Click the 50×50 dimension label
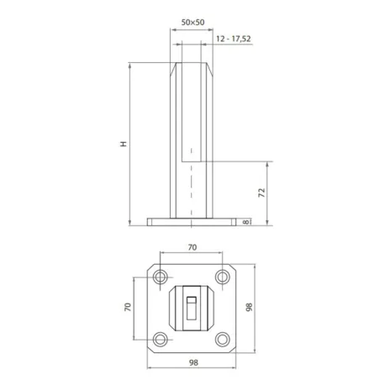[x=192, y=23]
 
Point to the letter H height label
[x=124, y=144]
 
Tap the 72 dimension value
[x=261, y=193]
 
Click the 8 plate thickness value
[x=243, y=222]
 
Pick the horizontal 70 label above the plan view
[x=192, y=248]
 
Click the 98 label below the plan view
[x=192, y=362]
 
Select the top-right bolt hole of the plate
[x=223, y=277]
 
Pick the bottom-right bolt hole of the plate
[x=223, y=339]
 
